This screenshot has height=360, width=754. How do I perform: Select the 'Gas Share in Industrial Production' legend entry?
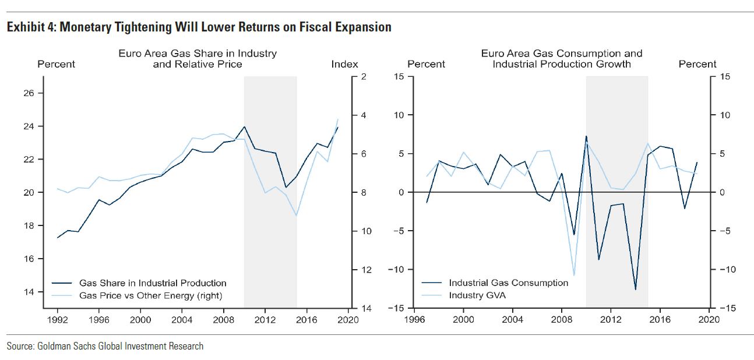pyautogui.click(x=153, y=283)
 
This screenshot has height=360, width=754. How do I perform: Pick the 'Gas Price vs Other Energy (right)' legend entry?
pyautogui.click(x=150, y=296)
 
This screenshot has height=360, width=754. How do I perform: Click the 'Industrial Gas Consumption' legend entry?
pyautogui.click(x=508, y=283)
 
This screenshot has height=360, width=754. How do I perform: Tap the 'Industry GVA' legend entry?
pyautogui.click(x=477, y=296)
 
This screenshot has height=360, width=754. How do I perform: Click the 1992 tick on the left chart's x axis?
pyautogui.click(x=57, y=319)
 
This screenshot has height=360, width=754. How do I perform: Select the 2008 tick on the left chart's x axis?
pyautogui.click(x=223, y=319)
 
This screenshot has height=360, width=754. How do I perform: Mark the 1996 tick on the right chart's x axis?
pyautogui.click(x=415, y=319)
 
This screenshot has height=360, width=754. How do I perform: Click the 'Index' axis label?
pyautogui.click(x=344, y=64)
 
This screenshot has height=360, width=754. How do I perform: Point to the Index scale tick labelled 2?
pyautogui.click(x=364, y=77)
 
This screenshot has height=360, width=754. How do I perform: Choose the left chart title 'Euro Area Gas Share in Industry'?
pyautogui.click(x=198, y=54)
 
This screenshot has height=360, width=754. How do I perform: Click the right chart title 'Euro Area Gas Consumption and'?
pyautogui.click(x=562, y=54)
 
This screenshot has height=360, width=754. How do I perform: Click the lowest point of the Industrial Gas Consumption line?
pyautogui.click(x=636, y=290)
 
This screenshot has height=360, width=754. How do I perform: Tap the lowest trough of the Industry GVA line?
pyautogui.click(x=574, y=275)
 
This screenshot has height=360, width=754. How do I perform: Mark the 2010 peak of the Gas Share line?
pyautogui.click(x=244, y=126)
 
